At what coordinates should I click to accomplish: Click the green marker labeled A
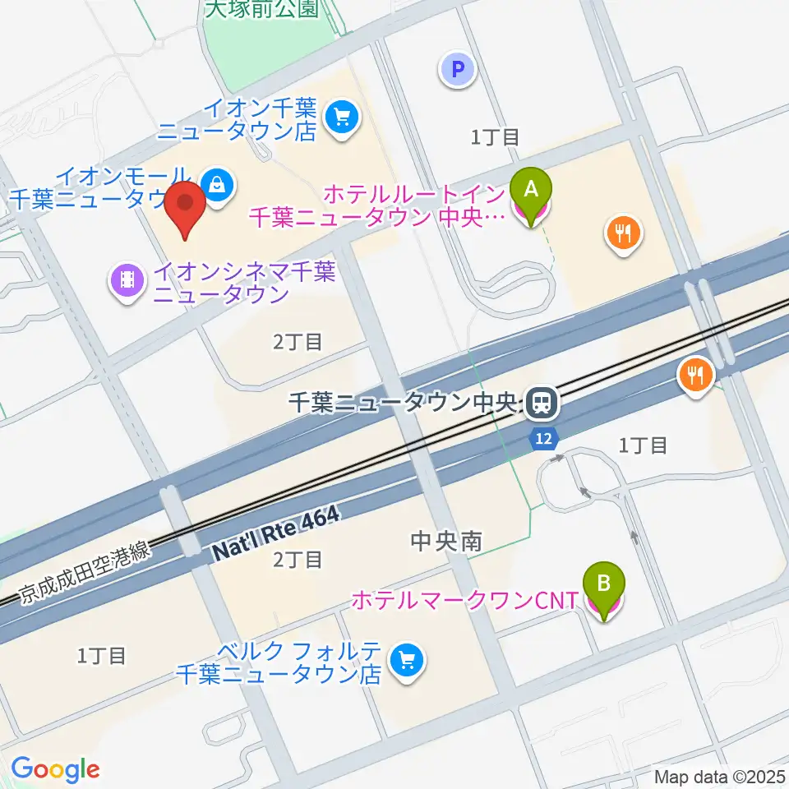pos(531,191)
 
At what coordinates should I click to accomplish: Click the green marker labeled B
pos(603,585)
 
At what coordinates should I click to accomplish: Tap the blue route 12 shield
pos(542,439)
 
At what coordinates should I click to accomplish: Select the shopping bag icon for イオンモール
pos(215,184)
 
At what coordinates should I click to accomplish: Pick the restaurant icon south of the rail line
pos(696,376)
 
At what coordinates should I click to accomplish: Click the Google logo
pos(55,769)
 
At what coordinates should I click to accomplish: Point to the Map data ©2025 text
pos(720,776)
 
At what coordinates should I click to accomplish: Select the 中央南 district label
pos(445,541)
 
